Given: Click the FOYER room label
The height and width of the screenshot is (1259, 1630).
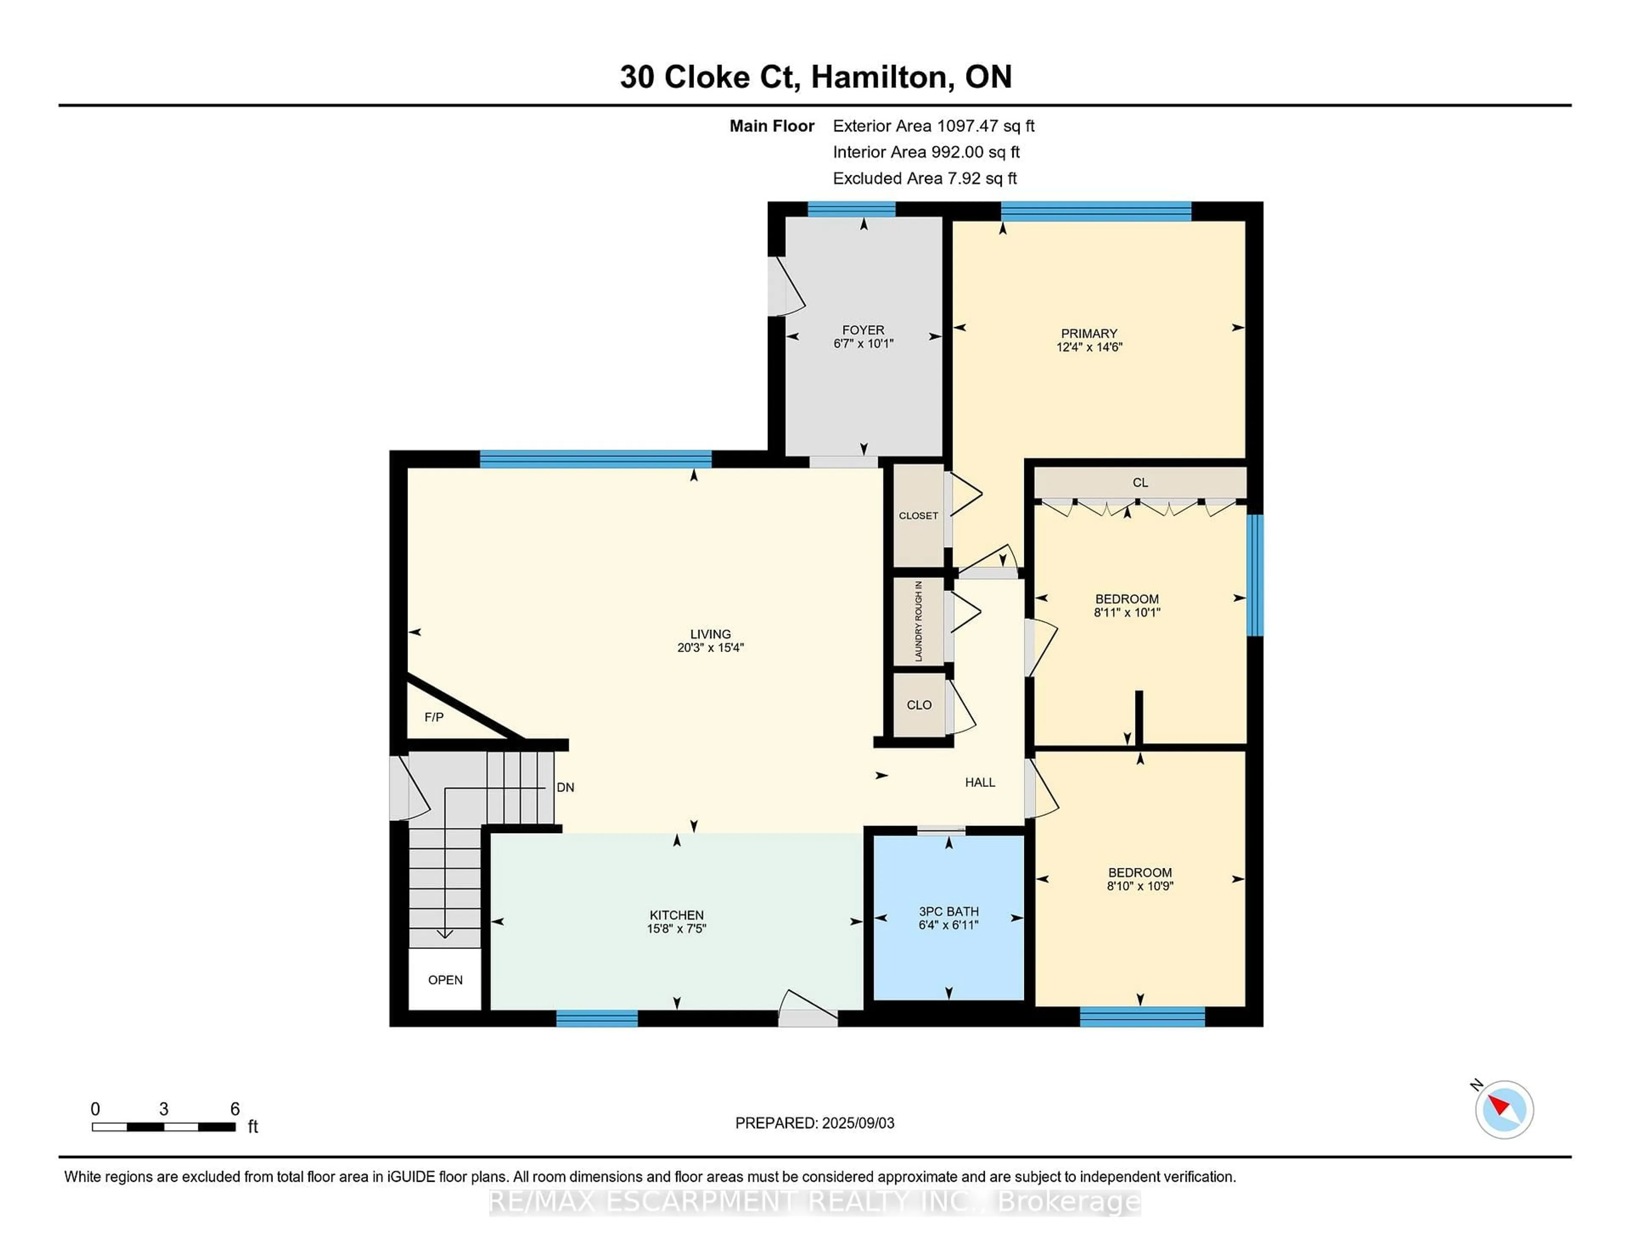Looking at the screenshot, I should coord(863,330).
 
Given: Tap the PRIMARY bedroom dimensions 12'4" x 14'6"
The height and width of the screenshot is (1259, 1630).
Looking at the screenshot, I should coord(1089,347).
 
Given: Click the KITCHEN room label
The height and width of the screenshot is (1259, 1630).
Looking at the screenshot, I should coord(676,915).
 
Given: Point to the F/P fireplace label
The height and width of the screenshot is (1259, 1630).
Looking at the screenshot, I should coord(434,717).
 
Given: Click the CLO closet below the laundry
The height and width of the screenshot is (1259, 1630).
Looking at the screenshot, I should coord(919,705).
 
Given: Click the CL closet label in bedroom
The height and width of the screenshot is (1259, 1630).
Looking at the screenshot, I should coord(1140,483).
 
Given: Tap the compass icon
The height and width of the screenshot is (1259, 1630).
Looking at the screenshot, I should coord(1504,1109).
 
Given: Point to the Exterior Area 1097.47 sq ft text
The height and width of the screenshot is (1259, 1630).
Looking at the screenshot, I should coord(933,126).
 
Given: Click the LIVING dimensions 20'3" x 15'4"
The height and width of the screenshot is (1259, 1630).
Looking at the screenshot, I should coord(710,647).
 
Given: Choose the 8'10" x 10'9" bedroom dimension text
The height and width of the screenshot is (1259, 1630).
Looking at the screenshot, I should coord(1140,886).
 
